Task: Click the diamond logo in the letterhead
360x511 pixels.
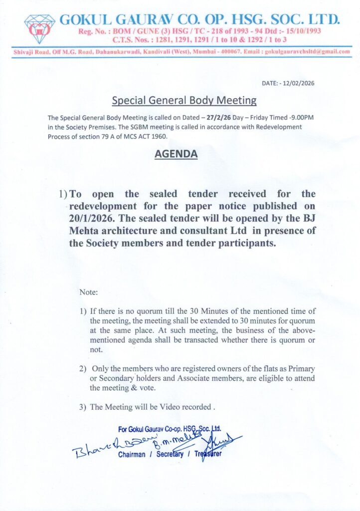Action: [x=40, y=29]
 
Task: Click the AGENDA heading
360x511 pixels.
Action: [x=176, y=154]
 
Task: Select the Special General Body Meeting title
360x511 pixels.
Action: [x=184, y=100]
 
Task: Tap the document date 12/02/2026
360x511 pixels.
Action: [x=298, y=83]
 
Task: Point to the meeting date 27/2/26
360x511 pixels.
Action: [x=215, y=117]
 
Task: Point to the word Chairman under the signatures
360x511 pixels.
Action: [x=132, y=455]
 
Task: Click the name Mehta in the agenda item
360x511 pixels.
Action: [x=85, y=231]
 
